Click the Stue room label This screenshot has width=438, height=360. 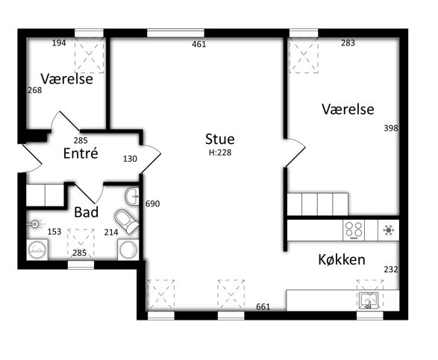220,139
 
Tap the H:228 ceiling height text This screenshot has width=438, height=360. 220,153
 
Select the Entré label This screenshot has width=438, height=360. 81,154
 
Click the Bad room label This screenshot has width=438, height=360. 87,212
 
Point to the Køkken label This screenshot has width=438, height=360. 342,259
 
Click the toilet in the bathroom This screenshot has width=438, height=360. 127,221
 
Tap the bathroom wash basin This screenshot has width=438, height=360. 132,196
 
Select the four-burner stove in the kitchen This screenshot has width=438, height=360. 354,230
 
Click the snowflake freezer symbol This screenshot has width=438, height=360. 389,230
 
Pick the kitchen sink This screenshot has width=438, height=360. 369,301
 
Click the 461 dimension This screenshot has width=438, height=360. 199,44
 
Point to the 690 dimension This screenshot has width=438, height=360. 152,203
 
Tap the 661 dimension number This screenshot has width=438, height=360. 263,306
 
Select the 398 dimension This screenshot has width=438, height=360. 391,128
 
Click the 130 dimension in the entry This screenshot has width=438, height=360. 130,159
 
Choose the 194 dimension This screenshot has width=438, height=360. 59,43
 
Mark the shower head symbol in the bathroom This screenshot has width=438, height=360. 35,224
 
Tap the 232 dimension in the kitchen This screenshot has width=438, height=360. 391,270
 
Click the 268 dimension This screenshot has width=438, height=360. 35,90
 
